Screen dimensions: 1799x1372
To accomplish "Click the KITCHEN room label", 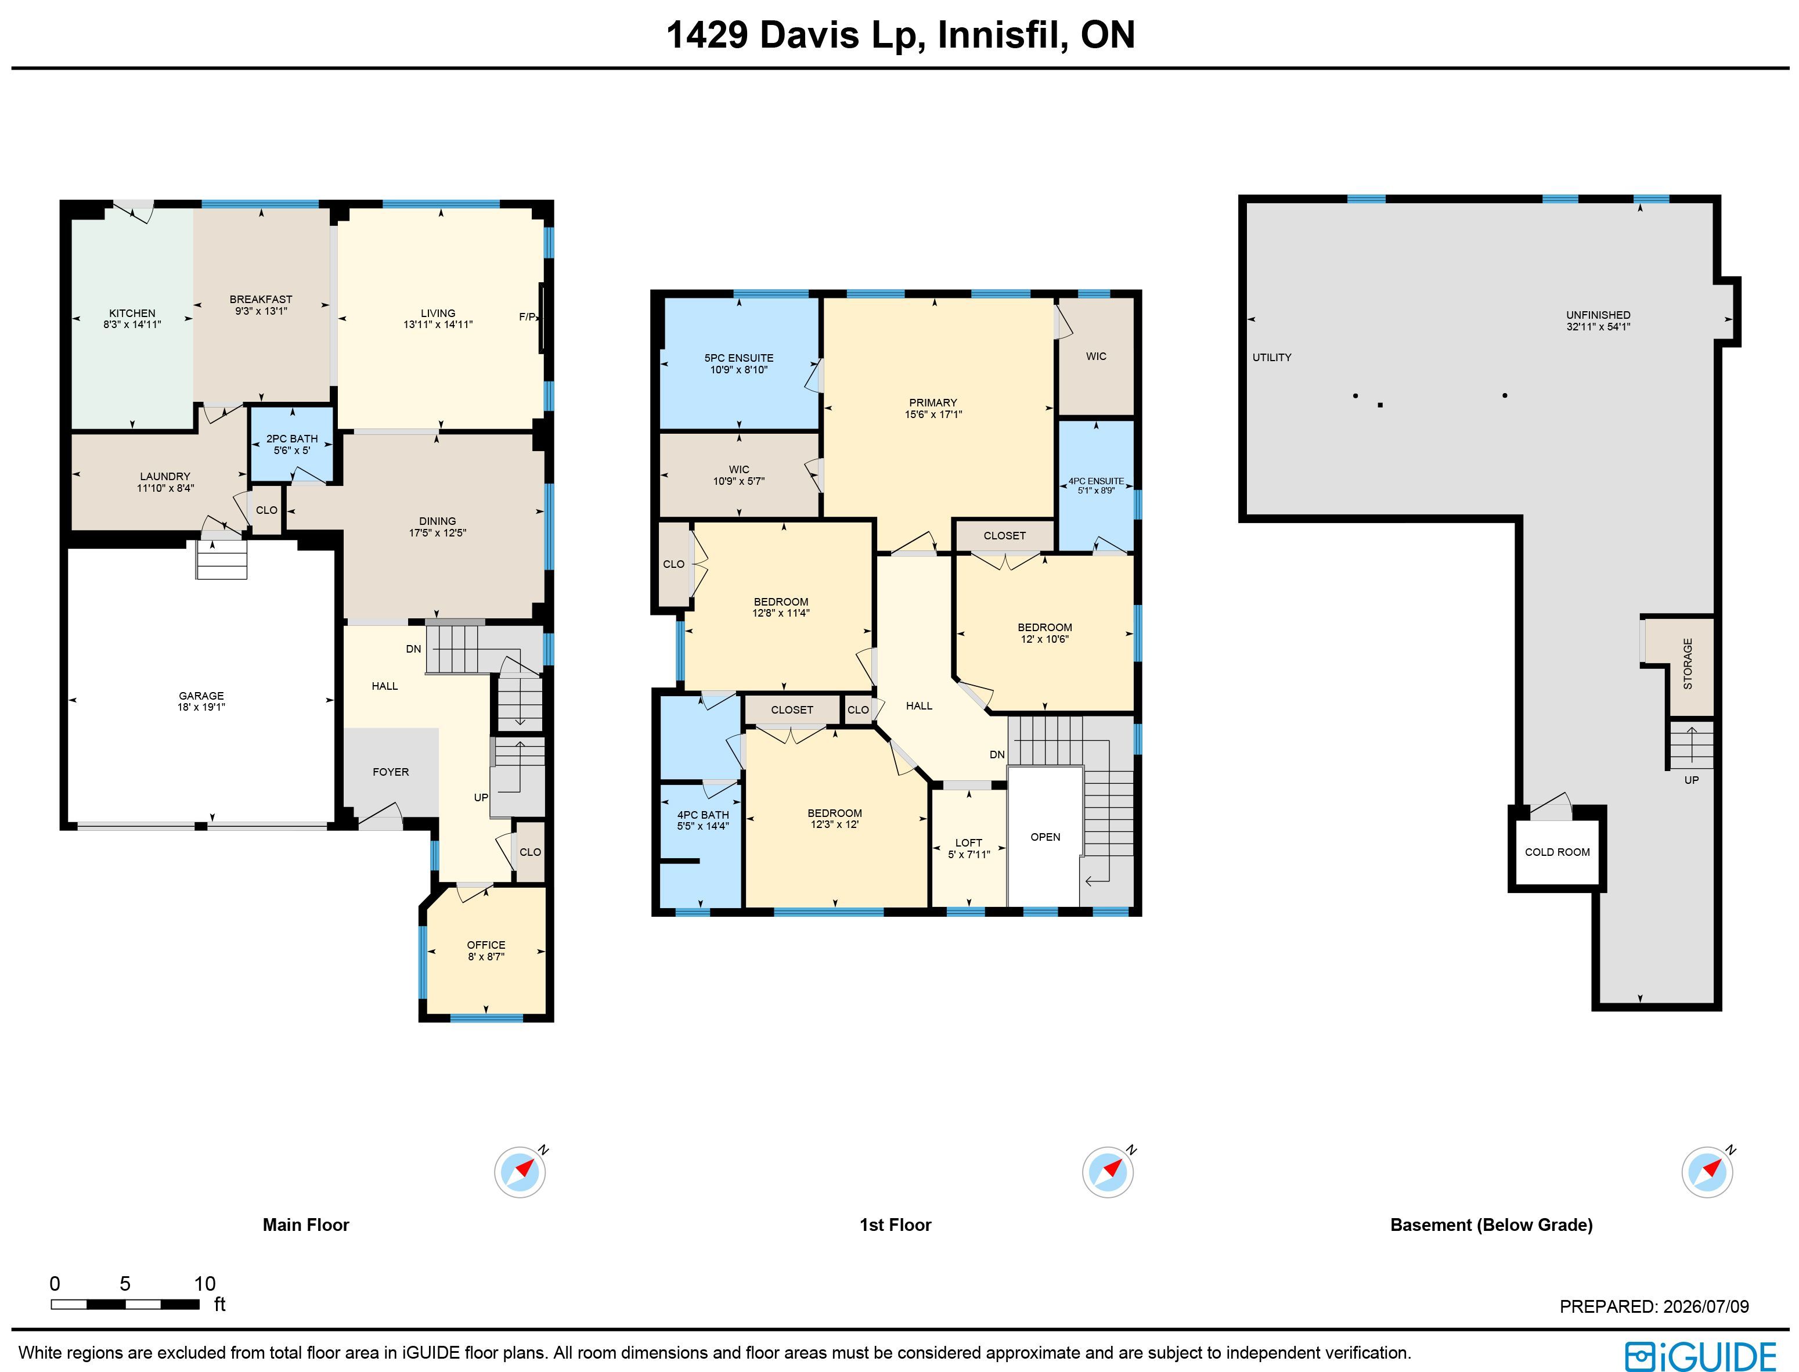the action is click(132, 313).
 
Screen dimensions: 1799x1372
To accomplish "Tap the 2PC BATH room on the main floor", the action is click(291, 444).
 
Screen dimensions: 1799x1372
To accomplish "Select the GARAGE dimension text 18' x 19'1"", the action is click(201, 707).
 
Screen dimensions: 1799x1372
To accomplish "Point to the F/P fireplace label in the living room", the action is click(528, 317).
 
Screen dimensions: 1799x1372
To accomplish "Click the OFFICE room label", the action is click(486, 945).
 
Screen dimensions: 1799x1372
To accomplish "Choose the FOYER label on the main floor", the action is click(390, 772).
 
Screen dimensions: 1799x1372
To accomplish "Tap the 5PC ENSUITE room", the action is click(739, 363).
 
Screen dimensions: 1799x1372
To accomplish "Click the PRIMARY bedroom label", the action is click(932, 402).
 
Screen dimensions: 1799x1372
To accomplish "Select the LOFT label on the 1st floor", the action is click(968, 843).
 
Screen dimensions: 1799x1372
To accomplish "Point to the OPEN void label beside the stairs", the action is click(1045, 837).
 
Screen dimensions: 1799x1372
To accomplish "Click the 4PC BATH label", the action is click(702, 815).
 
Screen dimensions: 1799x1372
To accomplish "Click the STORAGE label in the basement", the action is click(1688, 664).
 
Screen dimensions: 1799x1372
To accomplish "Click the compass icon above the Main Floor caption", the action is click(520, 1172).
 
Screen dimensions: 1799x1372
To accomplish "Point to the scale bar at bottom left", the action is click(125, 1304).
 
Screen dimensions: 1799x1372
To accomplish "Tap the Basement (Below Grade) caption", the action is click(1491, 1225).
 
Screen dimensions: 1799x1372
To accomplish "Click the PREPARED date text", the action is click(1654, 1306).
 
